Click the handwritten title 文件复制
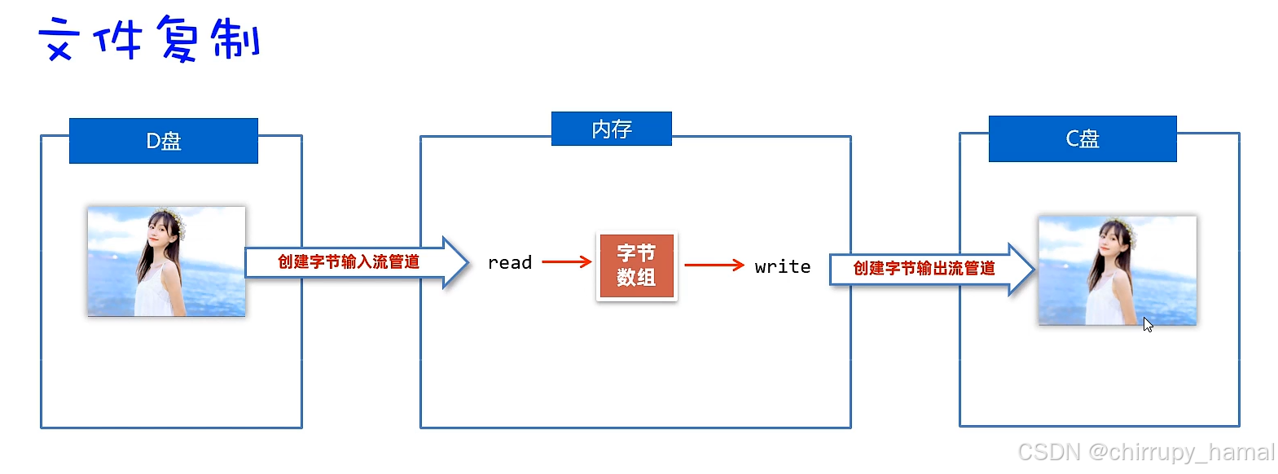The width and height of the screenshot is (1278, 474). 149,39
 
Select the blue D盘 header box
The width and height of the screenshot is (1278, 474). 163,141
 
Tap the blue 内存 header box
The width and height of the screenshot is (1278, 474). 611,129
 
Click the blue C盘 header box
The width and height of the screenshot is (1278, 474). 1082,138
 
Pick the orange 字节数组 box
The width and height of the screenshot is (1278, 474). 636,266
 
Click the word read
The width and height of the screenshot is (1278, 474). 509,262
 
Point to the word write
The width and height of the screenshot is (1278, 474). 782,266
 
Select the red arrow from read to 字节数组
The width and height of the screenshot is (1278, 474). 566,261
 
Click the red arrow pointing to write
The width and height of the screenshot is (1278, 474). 714,265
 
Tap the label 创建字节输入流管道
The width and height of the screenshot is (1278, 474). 349,261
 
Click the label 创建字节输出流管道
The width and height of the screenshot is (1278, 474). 924,268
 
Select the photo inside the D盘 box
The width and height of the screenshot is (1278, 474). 166,261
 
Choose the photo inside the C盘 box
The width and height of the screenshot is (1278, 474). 1117,270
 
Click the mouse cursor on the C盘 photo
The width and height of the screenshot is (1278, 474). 1147,324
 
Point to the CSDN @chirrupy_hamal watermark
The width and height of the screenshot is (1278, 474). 1145,452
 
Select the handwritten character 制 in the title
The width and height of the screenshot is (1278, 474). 236,39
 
